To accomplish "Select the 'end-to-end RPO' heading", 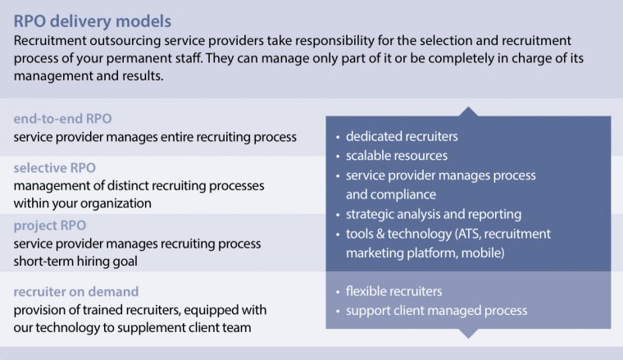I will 62,118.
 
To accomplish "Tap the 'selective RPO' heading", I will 54,167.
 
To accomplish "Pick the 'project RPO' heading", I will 50,226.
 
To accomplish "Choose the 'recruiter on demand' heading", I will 75,291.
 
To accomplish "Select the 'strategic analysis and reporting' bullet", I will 434,214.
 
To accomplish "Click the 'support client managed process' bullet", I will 436,311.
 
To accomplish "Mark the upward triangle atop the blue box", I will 468,112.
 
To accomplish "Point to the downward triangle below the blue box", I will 468,333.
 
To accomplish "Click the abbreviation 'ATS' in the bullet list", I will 480,234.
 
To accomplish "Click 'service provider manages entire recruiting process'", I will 155,136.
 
